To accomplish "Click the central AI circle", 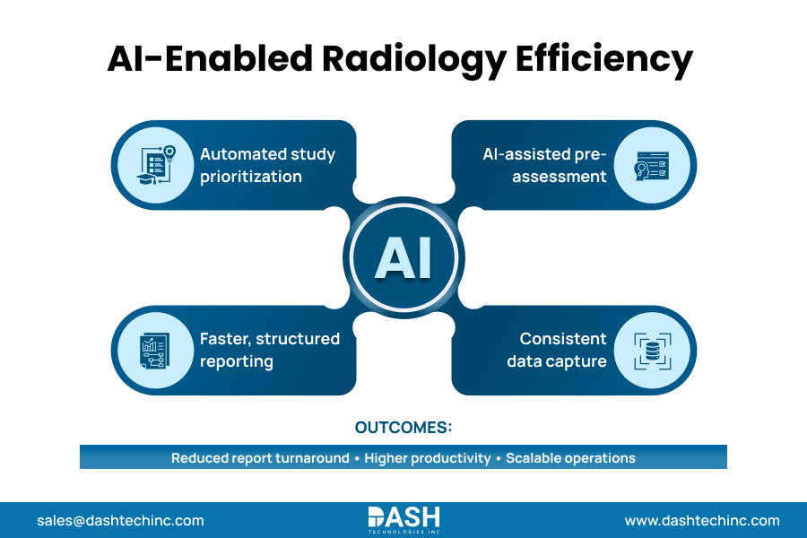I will click(x=403, y=257).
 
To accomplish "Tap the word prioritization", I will click(x=251, y=177).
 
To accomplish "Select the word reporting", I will click(x=237, y=362).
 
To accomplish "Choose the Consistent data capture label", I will click(x=557, y=351).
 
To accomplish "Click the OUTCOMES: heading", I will click(x=403, y=427).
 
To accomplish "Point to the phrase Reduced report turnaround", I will click(x=260, y=458).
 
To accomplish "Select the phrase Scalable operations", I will click(x=570, y=458).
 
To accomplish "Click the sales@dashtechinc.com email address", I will click(x=120, y=520).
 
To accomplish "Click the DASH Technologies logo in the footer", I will click(x=403, y=519).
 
